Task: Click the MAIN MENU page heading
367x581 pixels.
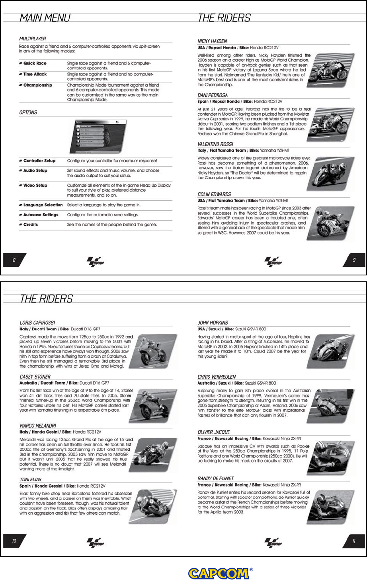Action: point(45,18)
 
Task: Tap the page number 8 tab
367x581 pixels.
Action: point(14,260)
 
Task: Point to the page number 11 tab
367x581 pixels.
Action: point(353,541)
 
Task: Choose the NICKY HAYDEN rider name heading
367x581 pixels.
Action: point(212,41)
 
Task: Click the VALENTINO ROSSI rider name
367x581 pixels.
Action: point(215,144)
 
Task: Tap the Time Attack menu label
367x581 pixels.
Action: point(35,74)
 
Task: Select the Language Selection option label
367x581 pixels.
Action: point(43,205)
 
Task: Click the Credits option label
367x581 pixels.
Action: point(30,225)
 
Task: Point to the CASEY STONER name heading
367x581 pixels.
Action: point(35,377)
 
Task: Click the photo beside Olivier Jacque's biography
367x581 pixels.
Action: point(331,458)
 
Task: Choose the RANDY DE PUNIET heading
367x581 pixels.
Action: point(215,478)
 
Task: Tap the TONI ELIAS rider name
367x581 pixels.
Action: point(30,480)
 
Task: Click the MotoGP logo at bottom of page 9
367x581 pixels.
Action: point(273,261)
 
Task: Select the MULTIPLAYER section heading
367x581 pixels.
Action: point(33,39)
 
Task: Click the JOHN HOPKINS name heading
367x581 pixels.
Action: point(213,323)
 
